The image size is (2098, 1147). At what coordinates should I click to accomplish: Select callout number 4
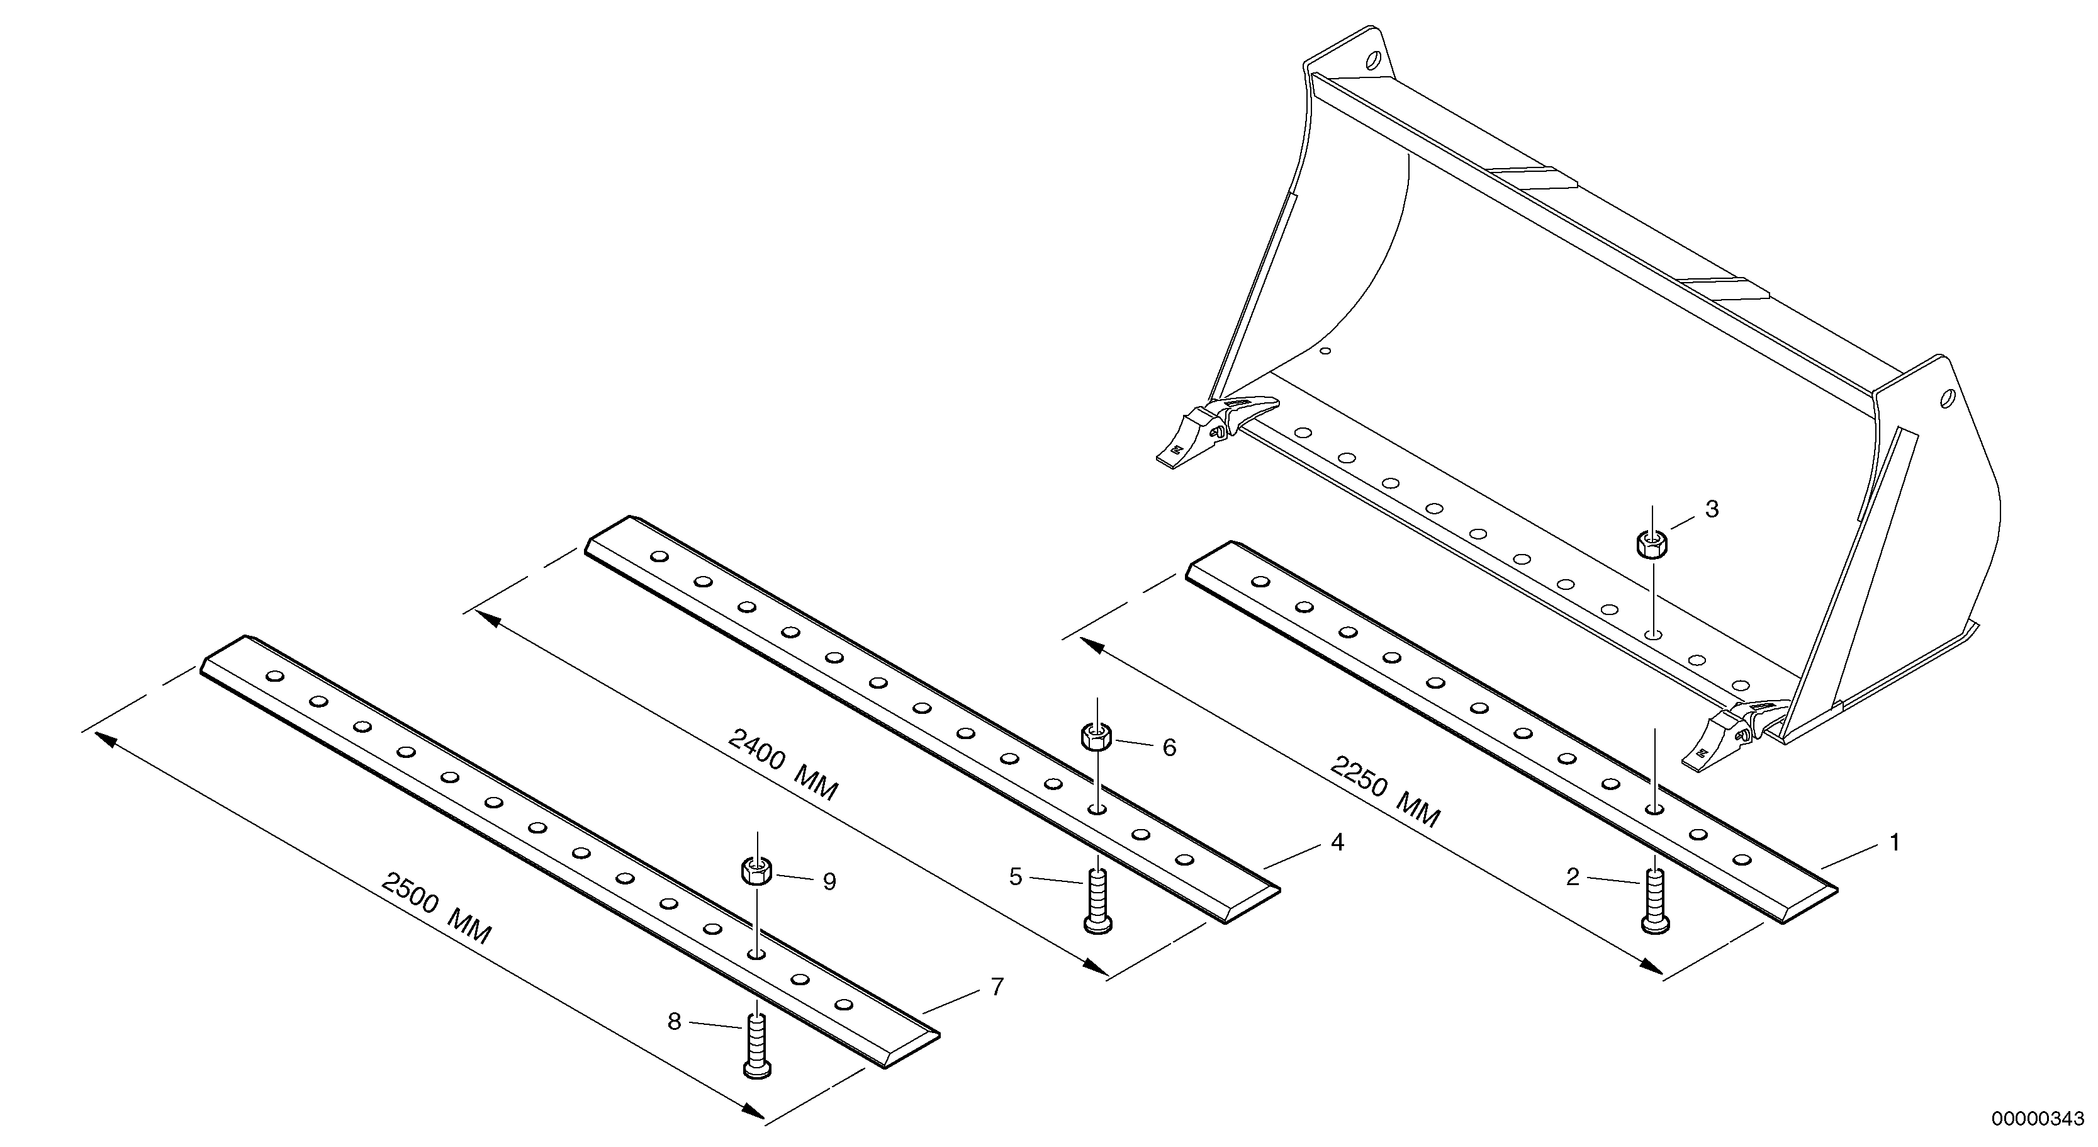1337,842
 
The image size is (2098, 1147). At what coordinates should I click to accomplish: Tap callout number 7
997,986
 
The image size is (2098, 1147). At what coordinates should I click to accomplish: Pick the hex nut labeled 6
1097,738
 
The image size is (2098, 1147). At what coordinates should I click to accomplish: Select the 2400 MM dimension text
782,765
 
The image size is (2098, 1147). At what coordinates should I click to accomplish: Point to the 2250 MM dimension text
1384,791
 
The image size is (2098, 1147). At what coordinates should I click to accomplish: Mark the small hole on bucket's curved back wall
1326,351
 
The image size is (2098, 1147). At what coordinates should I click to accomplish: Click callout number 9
829,882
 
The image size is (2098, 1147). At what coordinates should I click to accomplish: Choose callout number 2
1573,878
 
